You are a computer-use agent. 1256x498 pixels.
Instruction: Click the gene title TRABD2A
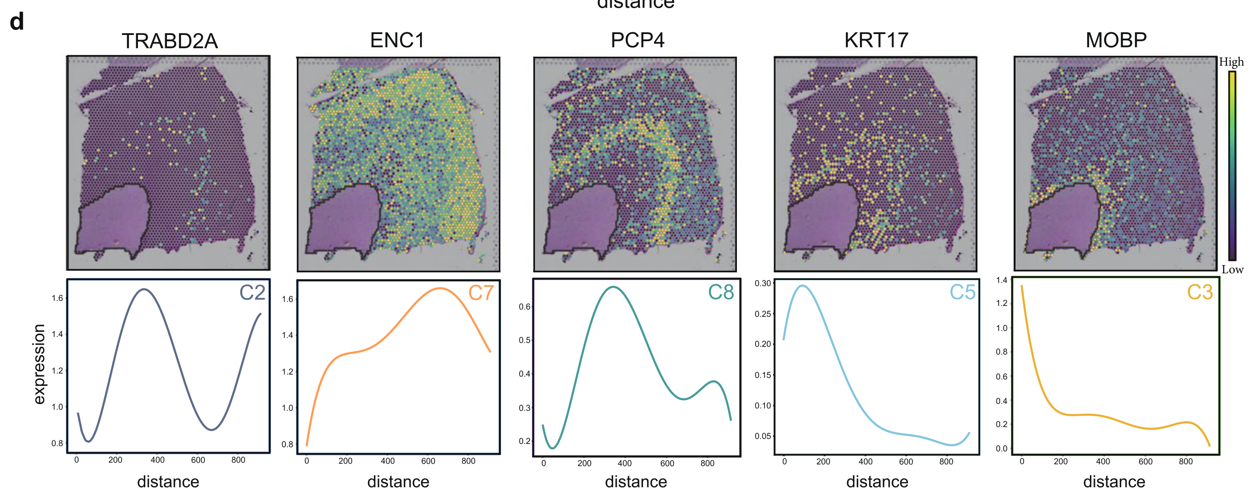(x=169, y=41)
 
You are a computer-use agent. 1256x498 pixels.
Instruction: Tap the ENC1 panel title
(x=397, y=40)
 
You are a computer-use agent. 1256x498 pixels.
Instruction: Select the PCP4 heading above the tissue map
(x=637, y=40)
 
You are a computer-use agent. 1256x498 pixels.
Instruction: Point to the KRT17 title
(x=876, y=40)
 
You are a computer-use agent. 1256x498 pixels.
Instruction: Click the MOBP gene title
(x=1116, y=40)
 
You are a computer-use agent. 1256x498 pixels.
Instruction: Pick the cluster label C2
(x=252, y=293)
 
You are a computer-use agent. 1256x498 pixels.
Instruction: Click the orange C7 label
(x=481, y=293)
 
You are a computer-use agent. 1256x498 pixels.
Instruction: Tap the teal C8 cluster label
(x=721, y=293)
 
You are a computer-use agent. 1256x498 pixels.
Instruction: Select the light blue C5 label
(x=962, y=293)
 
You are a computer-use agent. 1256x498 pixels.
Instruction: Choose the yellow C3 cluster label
(x=1199, y=292)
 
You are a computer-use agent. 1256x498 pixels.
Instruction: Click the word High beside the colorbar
(x=1231, y=62)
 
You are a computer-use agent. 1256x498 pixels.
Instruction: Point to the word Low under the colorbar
(x=1232, y=270)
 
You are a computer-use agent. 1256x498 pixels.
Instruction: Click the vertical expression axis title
(x=39, y=364)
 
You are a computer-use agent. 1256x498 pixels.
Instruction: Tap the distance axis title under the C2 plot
(x=168, y=482)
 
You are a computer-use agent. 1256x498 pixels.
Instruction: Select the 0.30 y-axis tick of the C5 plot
(x=763, y=283)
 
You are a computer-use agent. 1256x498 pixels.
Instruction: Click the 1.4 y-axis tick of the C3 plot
(x=1001, y=280)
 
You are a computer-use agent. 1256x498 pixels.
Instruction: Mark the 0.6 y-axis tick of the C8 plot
(x=524, y=307)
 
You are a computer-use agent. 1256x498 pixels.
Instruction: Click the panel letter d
(x=17, y=22)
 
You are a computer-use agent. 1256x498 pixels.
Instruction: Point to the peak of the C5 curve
(x=802, y=286)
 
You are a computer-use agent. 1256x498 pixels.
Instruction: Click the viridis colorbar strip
(x=1232, y=166)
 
